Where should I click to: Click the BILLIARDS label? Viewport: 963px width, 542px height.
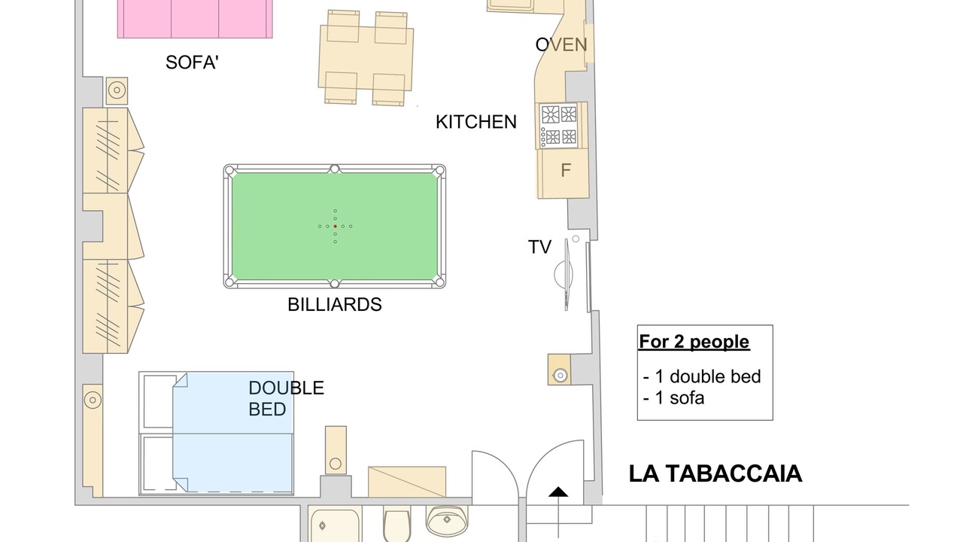(335, 305)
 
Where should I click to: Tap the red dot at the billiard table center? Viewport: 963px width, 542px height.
(335, 227)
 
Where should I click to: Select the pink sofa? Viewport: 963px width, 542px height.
(195, 19)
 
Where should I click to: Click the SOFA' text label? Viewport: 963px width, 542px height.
(192, 62)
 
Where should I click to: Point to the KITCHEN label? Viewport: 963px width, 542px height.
(476, 122)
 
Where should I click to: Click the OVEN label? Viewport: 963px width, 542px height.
(561, 44)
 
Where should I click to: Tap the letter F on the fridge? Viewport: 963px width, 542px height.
(566, 171)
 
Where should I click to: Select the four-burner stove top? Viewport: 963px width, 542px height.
(559, 126)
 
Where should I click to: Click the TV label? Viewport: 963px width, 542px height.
(539, 247)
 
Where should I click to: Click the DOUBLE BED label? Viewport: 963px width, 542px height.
(287, 398)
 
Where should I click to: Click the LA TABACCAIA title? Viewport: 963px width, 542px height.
(715, 473)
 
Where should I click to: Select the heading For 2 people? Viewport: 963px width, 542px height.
(694, 342)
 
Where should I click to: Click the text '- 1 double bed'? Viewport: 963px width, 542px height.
(702, 376)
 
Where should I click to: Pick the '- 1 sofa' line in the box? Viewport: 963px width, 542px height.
(673, 398)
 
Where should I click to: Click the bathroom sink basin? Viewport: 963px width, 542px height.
(447, 520)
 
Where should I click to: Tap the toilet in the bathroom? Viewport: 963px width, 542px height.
(396, 525)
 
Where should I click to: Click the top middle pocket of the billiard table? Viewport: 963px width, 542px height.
(335, 169)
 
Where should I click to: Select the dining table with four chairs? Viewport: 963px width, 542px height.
(366, 58)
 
